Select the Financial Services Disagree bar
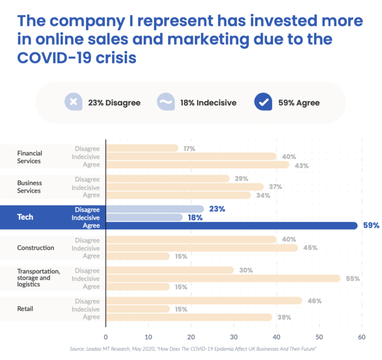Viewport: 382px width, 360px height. [142, 148]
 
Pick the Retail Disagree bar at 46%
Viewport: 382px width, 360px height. [204, 301]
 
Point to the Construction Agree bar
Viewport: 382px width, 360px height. [138, 256]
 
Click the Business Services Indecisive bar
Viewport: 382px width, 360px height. [185, 187]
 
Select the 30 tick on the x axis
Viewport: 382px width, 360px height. [234, 337]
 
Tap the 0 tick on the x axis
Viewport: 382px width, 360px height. [106, 337]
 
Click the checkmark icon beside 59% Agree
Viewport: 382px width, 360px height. [262, 102]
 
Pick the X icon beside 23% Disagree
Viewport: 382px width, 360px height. [73, 102]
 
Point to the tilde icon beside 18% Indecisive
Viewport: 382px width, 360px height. [165, 102]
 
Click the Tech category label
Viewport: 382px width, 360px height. [25, 218]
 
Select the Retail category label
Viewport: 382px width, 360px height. [25, 309]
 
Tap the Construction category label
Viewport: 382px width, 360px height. [35, 248]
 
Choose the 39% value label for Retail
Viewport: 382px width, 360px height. [284, 317]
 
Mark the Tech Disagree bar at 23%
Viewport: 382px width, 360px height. [155, 209]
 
